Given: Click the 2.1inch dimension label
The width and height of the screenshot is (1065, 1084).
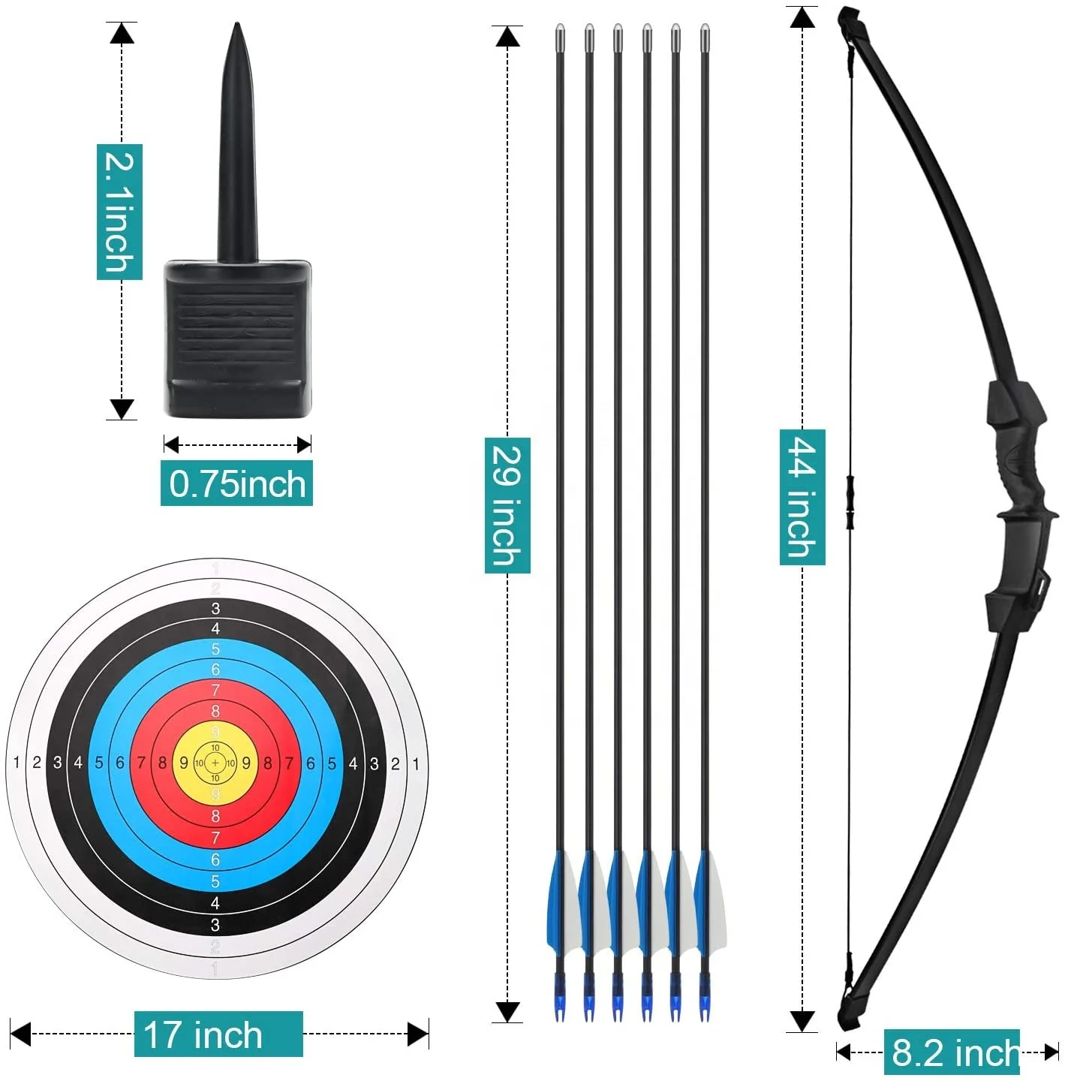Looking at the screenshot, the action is tap(119, 212).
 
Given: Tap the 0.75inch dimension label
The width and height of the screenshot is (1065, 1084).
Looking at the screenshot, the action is tap(236, 484).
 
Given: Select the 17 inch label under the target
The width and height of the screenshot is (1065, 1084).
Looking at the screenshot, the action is tap(218, 1034).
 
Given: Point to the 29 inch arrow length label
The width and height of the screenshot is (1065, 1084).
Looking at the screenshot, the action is tap(507, 505).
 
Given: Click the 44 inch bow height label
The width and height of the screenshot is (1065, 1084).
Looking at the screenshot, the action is tap(802, 497).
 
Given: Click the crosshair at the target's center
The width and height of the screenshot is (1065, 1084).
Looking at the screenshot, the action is tap(215, 763).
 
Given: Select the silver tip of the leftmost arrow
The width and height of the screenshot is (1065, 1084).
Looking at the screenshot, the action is tap(560, 33).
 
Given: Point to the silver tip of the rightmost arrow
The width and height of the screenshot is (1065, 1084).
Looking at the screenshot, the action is tap(705, 33).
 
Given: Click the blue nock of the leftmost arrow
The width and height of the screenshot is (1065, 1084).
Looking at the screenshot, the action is tap(560, 1002).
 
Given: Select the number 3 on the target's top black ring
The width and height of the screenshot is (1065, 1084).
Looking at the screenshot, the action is tap(215, 609).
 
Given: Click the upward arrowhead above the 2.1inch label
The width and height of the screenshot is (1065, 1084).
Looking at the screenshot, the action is tap(122, 32).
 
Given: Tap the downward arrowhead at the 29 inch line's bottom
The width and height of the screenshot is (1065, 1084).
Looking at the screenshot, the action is tap(508, 1011).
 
